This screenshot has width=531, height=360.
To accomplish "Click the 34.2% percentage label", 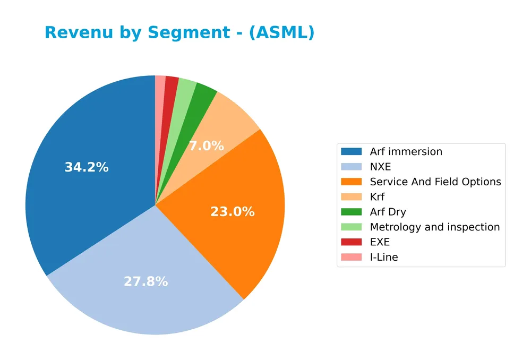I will coord(87,167).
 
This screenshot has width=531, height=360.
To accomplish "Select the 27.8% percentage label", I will coord(145,281).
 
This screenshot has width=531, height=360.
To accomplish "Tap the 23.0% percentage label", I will coord(232,212).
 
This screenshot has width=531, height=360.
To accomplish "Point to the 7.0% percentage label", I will coord(206,146).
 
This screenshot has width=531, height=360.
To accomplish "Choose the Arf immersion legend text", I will coord(406,151).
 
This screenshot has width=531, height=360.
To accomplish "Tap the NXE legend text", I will coord(380,167).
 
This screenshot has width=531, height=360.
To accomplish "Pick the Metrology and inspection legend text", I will coord(434,227).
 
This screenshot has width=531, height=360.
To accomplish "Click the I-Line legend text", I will coord(383,257).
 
